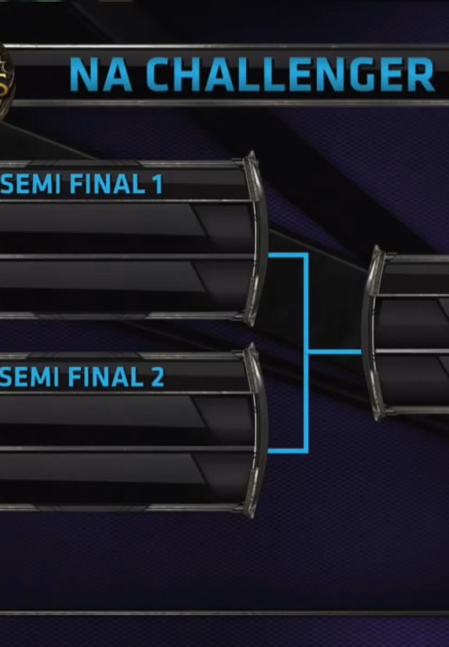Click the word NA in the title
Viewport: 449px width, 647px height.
click(x=101, y=75)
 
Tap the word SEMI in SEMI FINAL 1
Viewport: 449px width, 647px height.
click(x=31, y=184)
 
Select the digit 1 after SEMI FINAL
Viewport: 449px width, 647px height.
click(x=158, y=184)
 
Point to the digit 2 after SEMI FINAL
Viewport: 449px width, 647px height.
click(x=157, y=377)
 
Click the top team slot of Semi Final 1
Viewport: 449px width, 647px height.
click(x=126, y=227)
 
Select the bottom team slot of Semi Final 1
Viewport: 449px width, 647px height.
click(x=126, y=286)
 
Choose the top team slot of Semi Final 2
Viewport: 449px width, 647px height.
click(x=126, y=420)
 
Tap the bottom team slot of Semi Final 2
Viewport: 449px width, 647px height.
click(x=126, y=477)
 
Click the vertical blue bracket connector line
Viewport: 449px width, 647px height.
click(x=306, y=353)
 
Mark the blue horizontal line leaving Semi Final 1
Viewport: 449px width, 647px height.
click(x=287, y=255)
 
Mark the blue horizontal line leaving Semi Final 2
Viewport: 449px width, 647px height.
click(x=287, y=450)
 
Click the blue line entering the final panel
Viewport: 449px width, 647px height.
click(x=335, y=352)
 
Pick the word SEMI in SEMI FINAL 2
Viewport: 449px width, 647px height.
click(x=31, y=377)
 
